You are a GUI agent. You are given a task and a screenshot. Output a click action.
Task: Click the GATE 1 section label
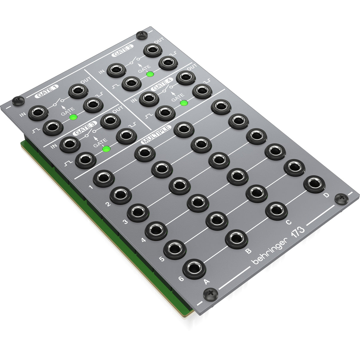(x=47, y=91)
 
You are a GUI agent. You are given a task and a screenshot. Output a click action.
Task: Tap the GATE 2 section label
(x=122, y=50)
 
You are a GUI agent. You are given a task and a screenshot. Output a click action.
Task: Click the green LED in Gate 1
(x=73, y=117)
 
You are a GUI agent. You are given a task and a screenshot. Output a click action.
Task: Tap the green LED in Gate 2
(x=150, y=74)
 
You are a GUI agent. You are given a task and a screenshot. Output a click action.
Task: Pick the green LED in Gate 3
(x=105, y=149)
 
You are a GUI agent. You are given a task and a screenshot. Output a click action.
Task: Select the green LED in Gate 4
(x=184, y=103)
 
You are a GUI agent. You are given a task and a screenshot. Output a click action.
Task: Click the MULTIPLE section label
(x=156, y=134)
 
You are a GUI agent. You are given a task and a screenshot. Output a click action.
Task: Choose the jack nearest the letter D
(x=314, y=184)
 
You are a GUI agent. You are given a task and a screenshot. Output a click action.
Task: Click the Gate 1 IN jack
(x=38, y=113)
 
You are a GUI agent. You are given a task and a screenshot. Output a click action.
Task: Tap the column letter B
(x=249, y=251)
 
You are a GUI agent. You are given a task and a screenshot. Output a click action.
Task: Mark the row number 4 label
(x=144, y=240)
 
